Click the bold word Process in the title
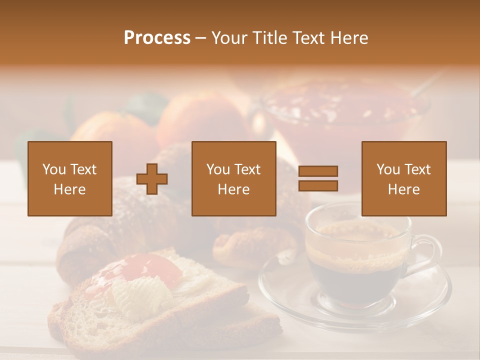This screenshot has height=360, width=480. [x=157, y=38]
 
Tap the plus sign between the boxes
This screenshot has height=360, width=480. [x=152, y=178]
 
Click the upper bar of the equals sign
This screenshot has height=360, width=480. [x=318, y=171]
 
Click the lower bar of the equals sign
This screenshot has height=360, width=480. [x=318, y=185]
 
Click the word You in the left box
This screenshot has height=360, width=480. [x=53, y=169]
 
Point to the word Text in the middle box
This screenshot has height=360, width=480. [x=247, y=169]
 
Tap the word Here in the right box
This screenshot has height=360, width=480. [x=403, y=189]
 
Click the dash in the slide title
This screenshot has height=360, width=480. [x=201, y=38]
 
